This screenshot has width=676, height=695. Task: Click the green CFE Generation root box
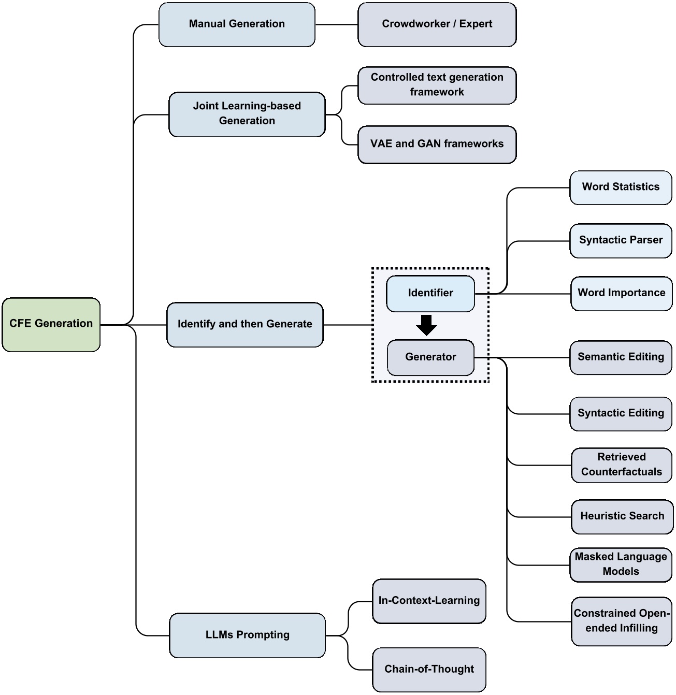coord(51,324)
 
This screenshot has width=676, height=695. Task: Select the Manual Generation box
coord(237,24)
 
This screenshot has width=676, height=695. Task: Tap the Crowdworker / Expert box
coord(437,24)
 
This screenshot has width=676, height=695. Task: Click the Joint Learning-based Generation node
coord(247,114)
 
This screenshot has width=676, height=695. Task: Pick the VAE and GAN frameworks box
coord(437,144)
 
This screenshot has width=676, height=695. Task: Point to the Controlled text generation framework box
coord(437,85)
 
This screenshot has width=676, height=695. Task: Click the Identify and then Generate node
coord(244,324)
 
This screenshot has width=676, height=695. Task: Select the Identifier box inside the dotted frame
coord(430,293)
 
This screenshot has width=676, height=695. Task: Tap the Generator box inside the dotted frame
coord(430,357)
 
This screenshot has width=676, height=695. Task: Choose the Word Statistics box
coord(620,187)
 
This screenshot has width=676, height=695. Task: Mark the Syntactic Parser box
coord(620,240)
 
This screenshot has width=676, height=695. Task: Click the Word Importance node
coord(621,293)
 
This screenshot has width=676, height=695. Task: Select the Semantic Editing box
coord(620,357)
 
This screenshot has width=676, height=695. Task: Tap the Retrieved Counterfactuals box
coord(621,465)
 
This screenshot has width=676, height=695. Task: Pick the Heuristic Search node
coord(622,516)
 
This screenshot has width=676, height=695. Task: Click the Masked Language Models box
coord(620,564)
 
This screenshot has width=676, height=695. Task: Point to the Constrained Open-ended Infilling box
coord(621,620)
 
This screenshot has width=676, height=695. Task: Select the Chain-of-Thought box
coord(428,669)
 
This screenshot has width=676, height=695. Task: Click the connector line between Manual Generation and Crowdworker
coord(336,24)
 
